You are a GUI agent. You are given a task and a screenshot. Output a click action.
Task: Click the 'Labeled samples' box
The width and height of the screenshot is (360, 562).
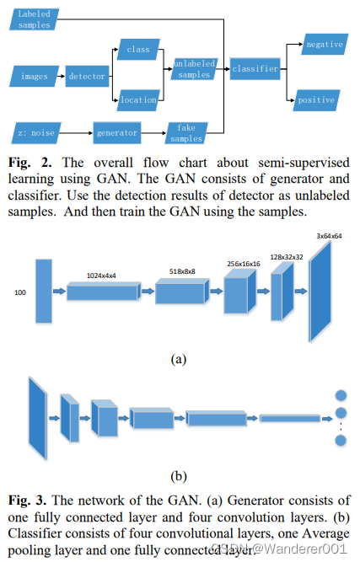click(x=35, y=19)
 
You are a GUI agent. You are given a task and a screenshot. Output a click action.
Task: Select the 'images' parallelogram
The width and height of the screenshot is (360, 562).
click(x=35, y=77)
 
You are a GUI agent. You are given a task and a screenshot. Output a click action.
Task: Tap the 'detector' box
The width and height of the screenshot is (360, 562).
click(x=86, y=77)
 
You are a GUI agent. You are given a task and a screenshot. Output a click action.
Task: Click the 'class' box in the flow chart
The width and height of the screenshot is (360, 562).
click(x=137, y=51)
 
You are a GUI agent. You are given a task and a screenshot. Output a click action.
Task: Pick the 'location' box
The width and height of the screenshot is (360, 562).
click(x=137, y=100)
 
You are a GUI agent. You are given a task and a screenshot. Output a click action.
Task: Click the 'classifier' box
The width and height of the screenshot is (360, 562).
click(x=255, y=69)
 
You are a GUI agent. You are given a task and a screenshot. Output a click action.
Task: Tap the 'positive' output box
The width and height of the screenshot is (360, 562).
click(x=317, y=100)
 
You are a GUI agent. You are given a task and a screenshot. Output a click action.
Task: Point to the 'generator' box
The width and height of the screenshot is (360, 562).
click(x=116, y=132)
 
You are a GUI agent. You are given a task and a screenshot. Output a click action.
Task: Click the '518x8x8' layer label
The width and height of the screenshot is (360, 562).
click(x=182, y=272)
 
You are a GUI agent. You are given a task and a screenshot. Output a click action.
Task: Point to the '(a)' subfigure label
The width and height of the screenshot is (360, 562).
click(x=178, y=358)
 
